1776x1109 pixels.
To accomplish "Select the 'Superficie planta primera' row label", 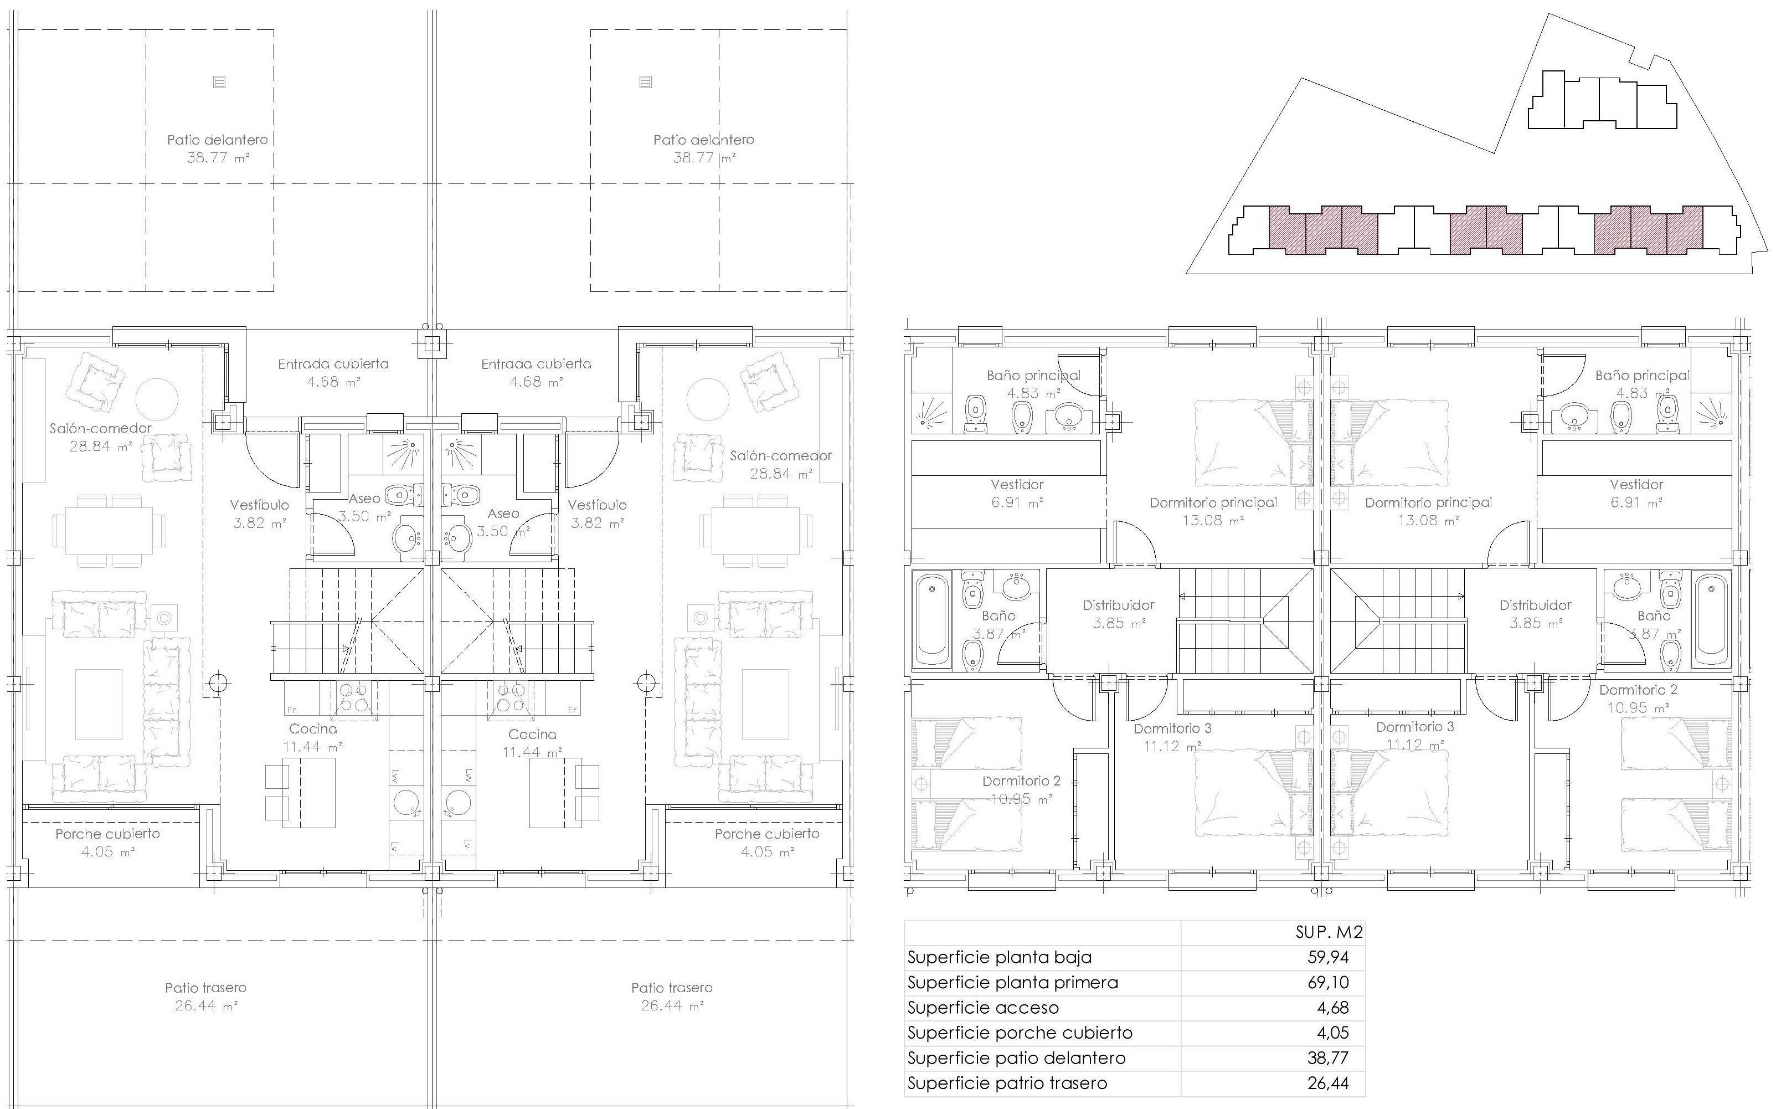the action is [x=1013, y=983].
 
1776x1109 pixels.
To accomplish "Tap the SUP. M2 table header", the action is [x=1329, y=932].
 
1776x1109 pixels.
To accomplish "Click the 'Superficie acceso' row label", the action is [x=982, y=1008].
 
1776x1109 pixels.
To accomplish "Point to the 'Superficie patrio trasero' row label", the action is [x=1007, y=1084].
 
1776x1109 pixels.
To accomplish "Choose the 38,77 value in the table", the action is [x=1327, y=1057].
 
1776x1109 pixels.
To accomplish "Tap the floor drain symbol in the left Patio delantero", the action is [x=219, y=81].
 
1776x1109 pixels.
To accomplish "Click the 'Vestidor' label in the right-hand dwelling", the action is [x=1636, y=484].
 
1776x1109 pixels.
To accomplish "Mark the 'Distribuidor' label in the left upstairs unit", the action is [x=1118, y=605].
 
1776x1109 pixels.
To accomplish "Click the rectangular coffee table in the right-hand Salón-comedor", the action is [x=765, y=704].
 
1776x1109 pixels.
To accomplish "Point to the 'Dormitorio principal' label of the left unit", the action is [x=1213, y=502].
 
